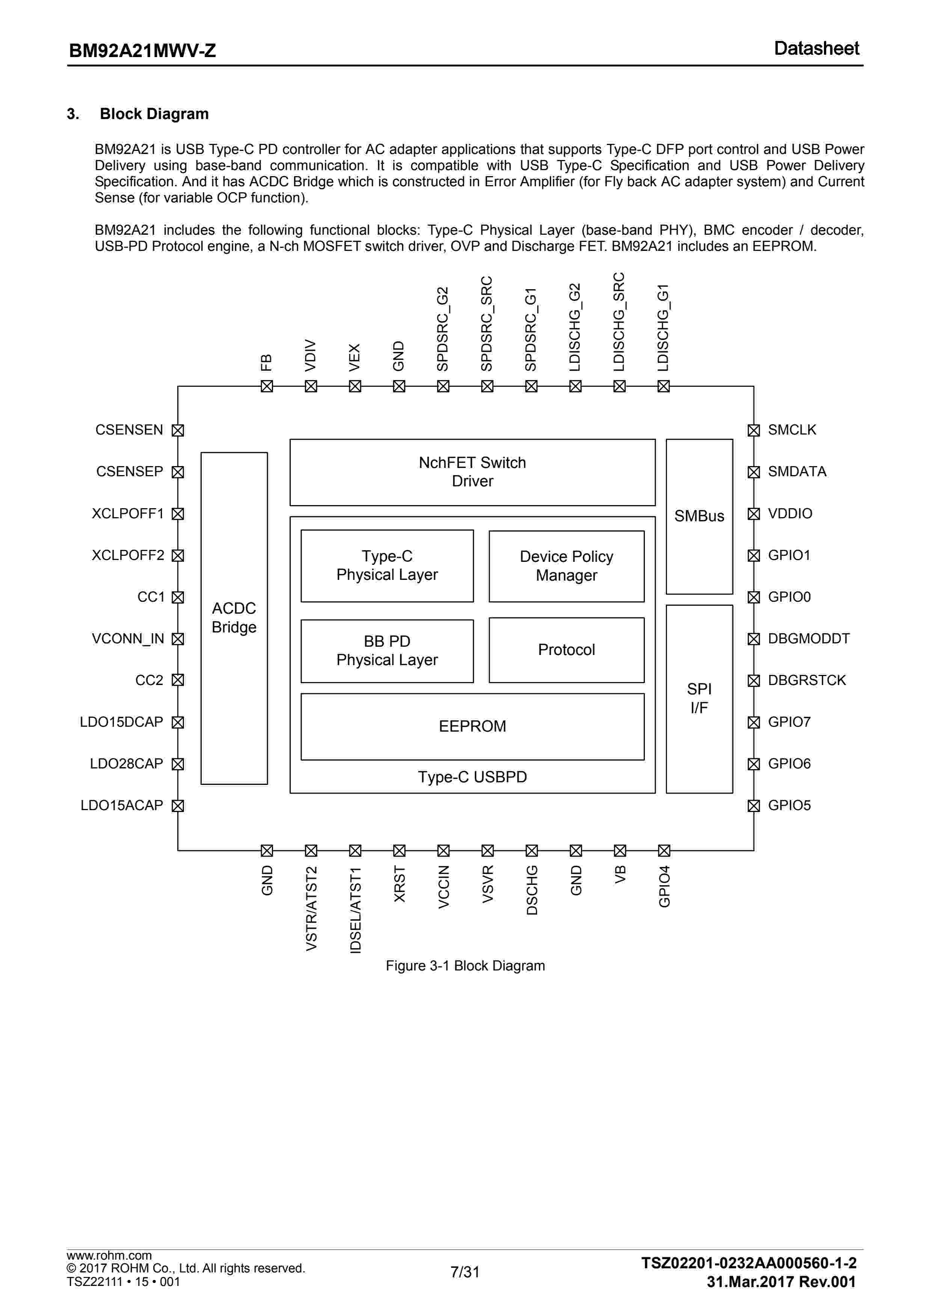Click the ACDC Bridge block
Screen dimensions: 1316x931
[234, 617]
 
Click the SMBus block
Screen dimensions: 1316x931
[699, 516]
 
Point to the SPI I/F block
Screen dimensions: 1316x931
[699, 698]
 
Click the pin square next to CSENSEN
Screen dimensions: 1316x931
[178, 430]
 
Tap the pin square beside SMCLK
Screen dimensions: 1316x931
[753, 430]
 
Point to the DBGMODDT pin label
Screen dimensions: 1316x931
[808, 638]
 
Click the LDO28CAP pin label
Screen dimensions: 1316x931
[127, 764]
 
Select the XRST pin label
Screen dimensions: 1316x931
[400, 883]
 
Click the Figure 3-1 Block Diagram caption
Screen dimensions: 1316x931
[465, 966]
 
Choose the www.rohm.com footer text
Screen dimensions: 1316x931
[109, 1255]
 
